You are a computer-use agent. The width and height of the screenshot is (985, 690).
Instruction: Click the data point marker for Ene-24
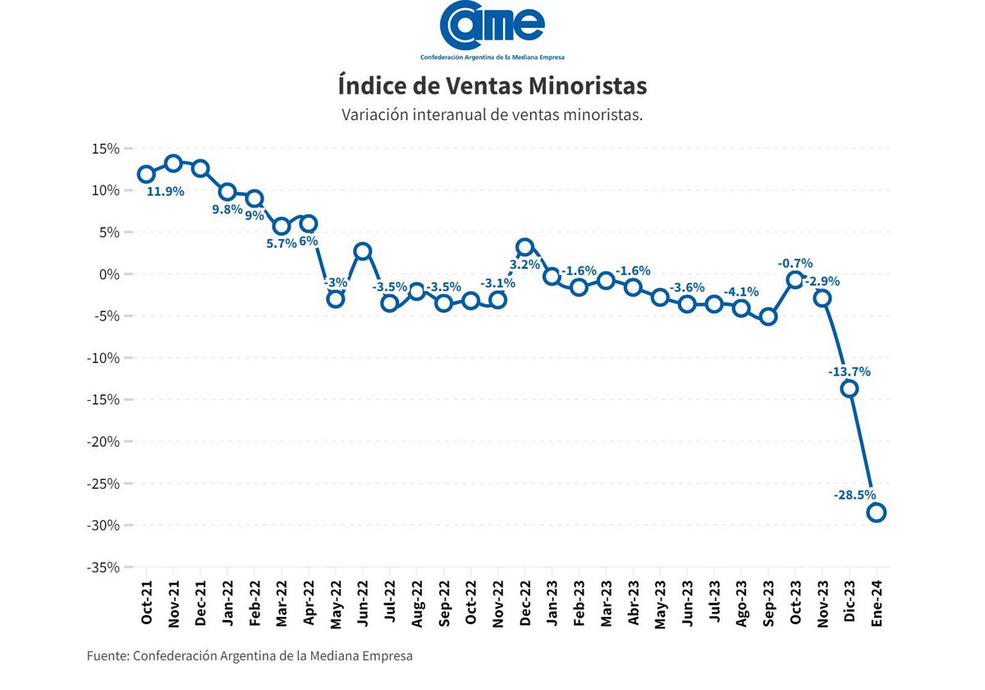(876, 513)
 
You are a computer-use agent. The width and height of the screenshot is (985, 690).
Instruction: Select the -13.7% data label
(849, 371)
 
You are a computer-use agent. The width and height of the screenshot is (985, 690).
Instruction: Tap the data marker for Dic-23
(850, 389)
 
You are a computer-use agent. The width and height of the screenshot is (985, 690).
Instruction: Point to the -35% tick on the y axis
(103, 568)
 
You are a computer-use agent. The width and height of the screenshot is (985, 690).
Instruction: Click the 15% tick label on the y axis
(106, 149)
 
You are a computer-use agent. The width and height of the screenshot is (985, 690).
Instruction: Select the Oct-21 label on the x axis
(146, 605)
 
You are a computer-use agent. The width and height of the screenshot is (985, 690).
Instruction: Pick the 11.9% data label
(165, 191)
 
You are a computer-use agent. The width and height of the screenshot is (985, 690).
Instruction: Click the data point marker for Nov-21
(173, 163)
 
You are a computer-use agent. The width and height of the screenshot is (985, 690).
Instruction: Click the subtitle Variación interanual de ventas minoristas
(492, 115)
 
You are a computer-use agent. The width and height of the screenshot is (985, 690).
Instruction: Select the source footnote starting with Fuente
(250, 655)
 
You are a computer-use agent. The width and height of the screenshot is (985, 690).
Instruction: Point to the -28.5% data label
(854, 494)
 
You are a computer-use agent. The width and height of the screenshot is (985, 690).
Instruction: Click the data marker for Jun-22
(362, 251)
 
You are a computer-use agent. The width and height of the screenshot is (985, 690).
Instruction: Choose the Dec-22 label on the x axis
(525, 605)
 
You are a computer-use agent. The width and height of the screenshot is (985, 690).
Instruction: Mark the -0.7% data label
(795, 264)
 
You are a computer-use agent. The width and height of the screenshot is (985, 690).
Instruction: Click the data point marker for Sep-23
(768, 316)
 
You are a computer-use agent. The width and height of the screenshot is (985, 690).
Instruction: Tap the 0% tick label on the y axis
(109, 274)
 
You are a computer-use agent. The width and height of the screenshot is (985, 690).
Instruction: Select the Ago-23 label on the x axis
(741, 605)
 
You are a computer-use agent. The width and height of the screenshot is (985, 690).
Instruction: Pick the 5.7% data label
(281, 244)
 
